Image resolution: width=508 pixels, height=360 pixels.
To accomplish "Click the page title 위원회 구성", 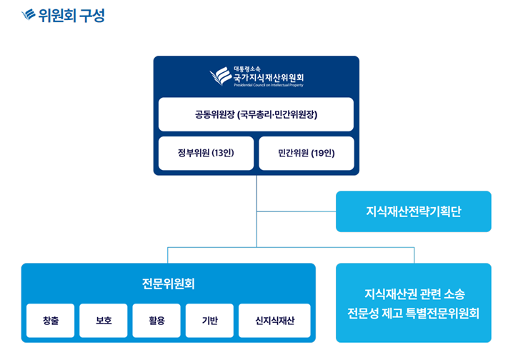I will (71, 15).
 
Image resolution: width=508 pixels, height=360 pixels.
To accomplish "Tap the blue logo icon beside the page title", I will (29, 15).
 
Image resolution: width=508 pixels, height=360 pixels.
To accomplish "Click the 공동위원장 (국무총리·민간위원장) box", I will (256, 114).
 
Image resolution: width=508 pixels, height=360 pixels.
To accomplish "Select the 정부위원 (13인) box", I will (206, 153).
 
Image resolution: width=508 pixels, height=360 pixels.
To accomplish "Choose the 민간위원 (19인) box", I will (306, 153).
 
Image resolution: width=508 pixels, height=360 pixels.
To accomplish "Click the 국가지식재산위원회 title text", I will (272, 76).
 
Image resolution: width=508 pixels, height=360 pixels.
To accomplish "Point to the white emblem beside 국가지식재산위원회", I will (220, 76).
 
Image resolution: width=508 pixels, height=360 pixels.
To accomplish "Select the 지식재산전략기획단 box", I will (413, 211).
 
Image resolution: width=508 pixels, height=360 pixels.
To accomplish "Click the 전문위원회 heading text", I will (168, 284).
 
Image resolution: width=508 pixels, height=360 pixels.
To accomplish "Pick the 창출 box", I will (50, 321).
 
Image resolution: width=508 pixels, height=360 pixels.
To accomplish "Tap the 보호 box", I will (104, 321).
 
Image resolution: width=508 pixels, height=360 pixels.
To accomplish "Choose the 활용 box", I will (156, 321).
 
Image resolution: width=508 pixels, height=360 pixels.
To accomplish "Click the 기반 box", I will (209, 321).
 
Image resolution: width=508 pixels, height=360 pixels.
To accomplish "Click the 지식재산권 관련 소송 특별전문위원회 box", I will (413, 303).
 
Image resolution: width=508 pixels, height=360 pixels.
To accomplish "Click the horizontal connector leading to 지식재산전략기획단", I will (296, 211).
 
